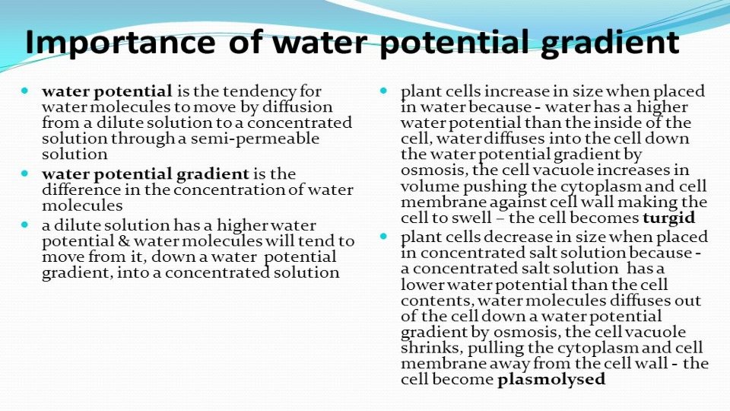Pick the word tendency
tap(261, 91)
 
